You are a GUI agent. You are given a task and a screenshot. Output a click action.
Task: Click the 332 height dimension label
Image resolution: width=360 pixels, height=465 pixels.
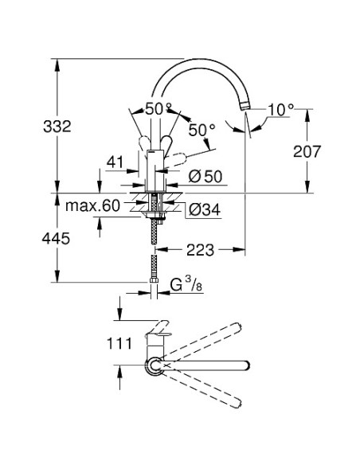(x=57, y=127)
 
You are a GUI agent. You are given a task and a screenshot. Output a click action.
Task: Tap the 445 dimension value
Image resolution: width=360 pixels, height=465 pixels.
(x=56, y=238)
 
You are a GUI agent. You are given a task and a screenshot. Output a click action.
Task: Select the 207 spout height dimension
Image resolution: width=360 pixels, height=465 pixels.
(x=307, y=151)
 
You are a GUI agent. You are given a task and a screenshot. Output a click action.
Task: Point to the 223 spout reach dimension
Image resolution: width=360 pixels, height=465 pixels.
(x=200, y=250)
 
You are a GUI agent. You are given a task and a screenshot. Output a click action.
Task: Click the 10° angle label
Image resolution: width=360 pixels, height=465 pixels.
(x=280, y=110)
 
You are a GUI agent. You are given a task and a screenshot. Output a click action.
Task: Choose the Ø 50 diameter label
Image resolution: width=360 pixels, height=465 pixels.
(x=205, y=177)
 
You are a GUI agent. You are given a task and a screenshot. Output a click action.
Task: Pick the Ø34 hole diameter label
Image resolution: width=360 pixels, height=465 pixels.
(x=205, y=209)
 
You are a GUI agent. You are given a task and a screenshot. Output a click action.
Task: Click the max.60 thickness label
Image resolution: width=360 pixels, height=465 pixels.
(x=92, y=205)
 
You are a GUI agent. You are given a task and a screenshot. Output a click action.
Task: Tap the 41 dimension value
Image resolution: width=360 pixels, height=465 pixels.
(x=115, y=162)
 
